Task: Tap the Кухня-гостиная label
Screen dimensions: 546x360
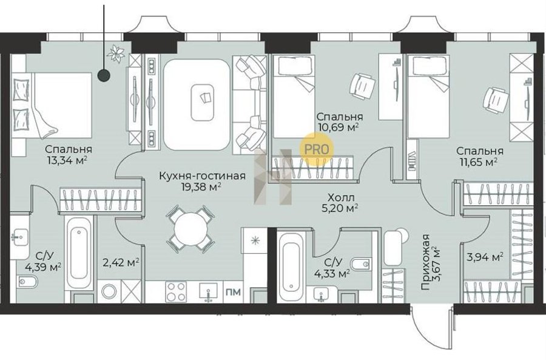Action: coord(202,175)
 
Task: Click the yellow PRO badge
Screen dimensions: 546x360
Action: coord(317,149)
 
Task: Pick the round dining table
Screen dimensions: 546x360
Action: coord(191,229)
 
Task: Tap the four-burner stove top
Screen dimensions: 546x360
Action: coord(176,291)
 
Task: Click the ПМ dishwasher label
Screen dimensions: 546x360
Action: coord(234,291)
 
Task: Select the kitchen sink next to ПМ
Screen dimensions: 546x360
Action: coord(209,292)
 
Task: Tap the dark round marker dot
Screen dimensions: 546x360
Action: coord(103,75)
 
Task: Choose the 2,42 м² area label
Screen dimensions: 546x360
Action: coord(121,262)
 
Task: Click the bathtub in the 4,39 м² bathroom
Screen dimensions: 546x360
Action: coord(79,253)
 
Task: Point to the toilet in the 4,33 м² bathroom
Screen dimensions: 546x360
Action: coord(360,265)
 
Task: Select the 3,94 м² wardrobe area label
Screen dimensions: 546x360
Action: coord(485,257)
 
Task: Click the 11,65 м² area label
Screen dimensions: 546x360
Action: coord(479,162)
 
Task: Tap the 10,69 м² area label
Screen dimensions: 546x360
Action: coord(338,127)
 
